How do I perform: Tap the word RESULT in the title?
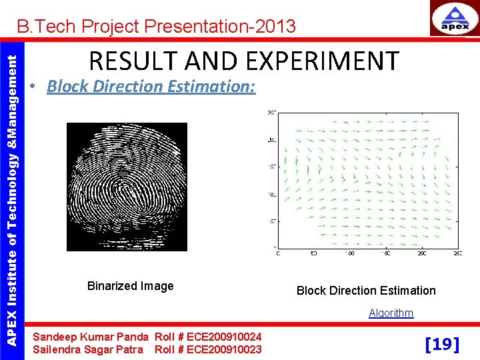coord(130,61)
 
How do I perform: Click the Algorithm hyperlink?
coord(391,313)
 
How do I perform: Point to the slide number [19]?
coord(442,344)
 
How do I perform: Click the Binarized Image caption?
coord(130,286)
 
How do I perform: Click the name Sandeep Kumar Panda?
coord(91,337)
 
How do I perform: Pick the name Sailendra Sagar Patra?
coord(87,349)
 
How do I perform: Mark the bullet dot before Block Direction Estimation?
coord(32,87)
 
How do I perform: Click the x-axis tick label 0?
coord(277,254)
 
